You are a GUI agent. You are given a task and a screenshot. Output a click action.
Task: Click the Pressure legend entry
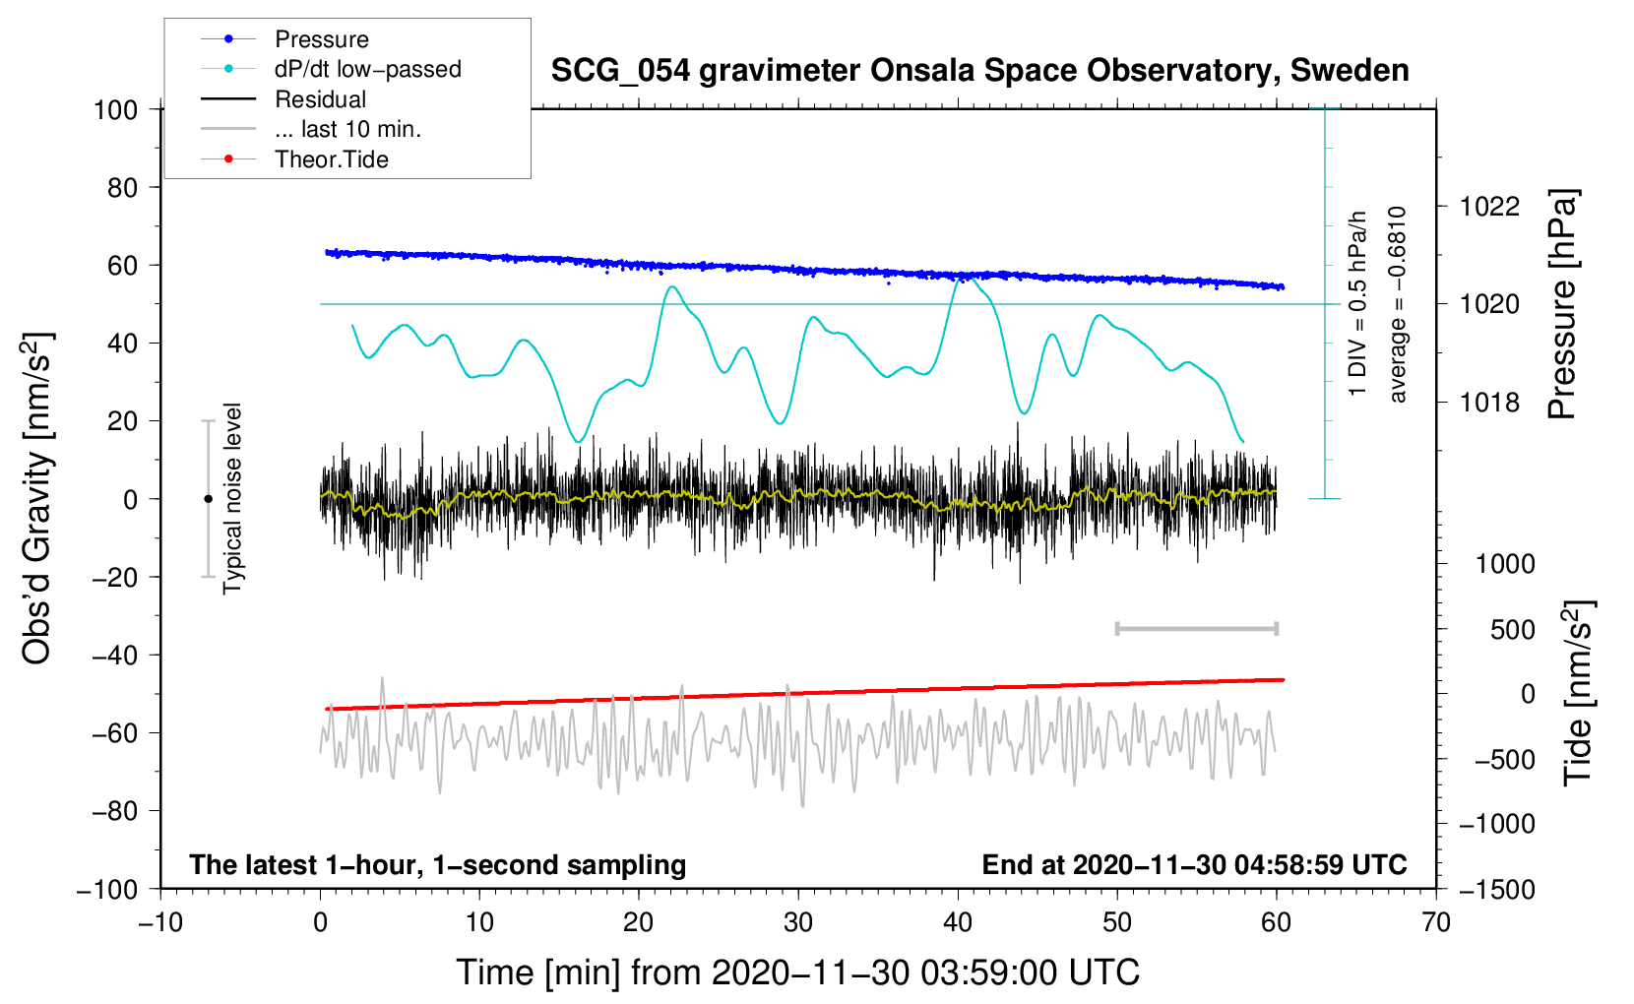point(285,38)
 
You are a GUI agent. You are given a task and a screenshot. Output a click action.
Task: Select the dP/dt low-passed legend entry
point(331,69)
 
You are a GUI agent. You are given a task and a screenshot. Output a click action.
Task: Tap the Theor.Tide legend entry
point(294,159)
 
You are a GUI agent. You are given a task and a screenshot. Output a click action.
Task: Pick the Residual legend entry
point(283,98)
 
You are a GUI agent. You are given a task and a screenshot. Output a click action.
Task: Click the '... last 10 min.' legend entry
point(311,129)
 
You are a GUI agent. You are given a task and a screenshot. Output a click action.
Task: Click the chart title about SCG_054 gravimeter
point(979,71)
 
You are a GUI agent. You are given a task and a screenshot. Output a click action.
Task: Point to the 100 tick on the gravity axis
point(116,110)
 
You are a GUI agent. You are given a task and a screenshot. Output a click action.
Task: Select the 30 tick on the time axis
point(798,922)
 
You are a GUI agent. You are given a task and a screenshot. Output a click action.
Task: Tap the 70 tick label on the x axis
point(1436,922)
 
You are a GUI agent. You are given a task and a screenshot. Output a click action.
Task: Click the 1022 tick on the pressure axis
point(1489,207)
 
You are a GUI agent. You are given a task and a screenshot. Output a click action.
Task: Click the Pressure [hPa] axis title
point(1562,304)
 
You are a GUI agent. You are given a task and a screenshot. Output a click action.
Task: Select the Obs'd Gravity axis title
point(37,499)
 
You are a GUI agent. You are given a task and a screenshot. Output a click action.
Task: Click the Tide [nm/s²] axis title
point(1579,693)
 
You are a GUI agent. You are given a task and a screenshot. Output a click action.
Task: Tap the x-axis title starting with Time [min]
point(798,973)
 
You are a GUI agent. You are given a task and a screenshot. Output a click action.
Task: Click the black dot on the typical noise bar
point(208,499)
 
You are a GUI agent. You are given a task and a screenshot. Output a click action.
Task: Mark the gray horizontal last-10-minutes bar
point(1197,629)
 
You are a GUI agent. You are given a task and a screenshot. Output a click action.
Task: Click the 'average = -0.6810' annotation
point(1397,304)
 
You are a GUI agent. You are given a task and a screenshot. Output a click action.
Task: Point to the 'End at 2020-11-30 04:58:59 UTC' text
point(1194,864)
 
